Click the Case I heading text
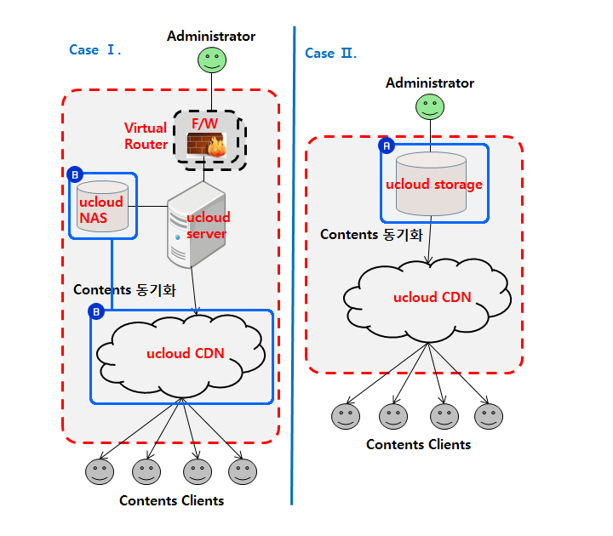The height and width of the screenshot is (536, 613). click(x=95, y=50)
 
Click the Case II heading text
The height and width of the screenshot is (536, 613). click(x=330, y=54)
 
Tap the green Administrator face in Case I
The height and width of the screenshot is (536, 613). click(x=211, y=60)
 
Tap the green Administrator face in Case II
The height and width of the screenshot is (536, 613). click(x=429, y=106)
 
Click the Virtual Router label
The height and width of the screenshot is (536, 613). click(x=146, y=136)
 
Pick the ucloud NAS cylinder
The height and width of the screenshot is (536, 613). click(x=102, y=206)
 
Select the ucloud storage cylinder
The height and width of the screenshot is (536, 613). click(x=433, y=183)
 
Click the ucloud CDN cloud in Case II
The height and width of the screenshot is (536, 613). click(x=432, y=298)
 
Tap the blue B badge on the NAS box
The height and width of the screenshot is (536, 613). click(x=74, y=175)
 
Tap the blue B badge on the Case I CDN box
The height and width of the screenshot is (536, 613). click(x=96, y=313)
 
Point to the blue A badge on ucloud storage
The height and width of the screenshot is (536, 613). click(x=386, y=146)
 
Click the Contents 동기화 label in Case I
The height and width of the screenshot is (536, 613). click(x=124, y=290)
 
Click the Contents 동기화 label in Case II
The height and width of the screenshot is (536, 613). click(x=371, y=235)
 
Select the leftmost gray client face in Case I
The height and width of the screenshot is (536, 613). click(x=100, y=471)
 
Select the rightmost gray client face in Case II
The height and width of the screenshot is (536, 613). click(x=488, y=416)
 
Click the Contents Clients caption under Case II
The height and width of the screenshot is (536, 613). click(x=418, y=445)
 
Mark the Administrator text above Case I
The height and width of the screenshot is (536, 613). click(x=211, y=37)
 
